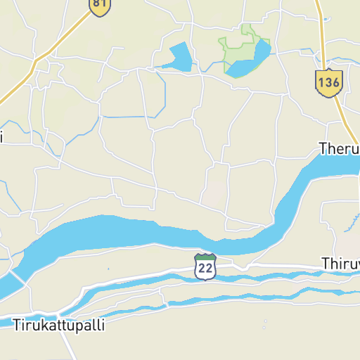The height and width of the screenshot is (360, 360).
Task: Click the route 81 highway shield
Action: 100,6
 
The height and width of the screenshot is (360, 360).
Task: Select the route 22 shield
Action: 205,266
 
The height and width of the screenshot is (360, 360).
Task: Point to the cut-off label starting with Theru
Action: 339,149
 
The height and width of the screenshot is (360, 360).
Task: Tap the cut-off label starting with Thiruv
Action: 340,263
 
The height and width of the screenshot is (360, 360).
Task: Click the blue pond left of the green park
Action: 180,57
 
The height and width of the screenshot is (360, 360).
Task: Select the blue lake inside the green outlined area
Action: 250,62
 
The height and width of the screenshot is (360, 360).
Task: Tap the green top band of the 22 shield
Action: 205,257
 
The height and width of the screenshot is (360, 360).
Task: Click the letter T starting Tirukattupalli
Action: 16,326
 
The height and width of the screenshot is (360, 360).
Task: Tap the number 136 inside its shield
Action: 328,83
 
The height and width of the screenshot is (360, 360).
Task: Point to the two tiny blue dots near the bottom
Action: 265,325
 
